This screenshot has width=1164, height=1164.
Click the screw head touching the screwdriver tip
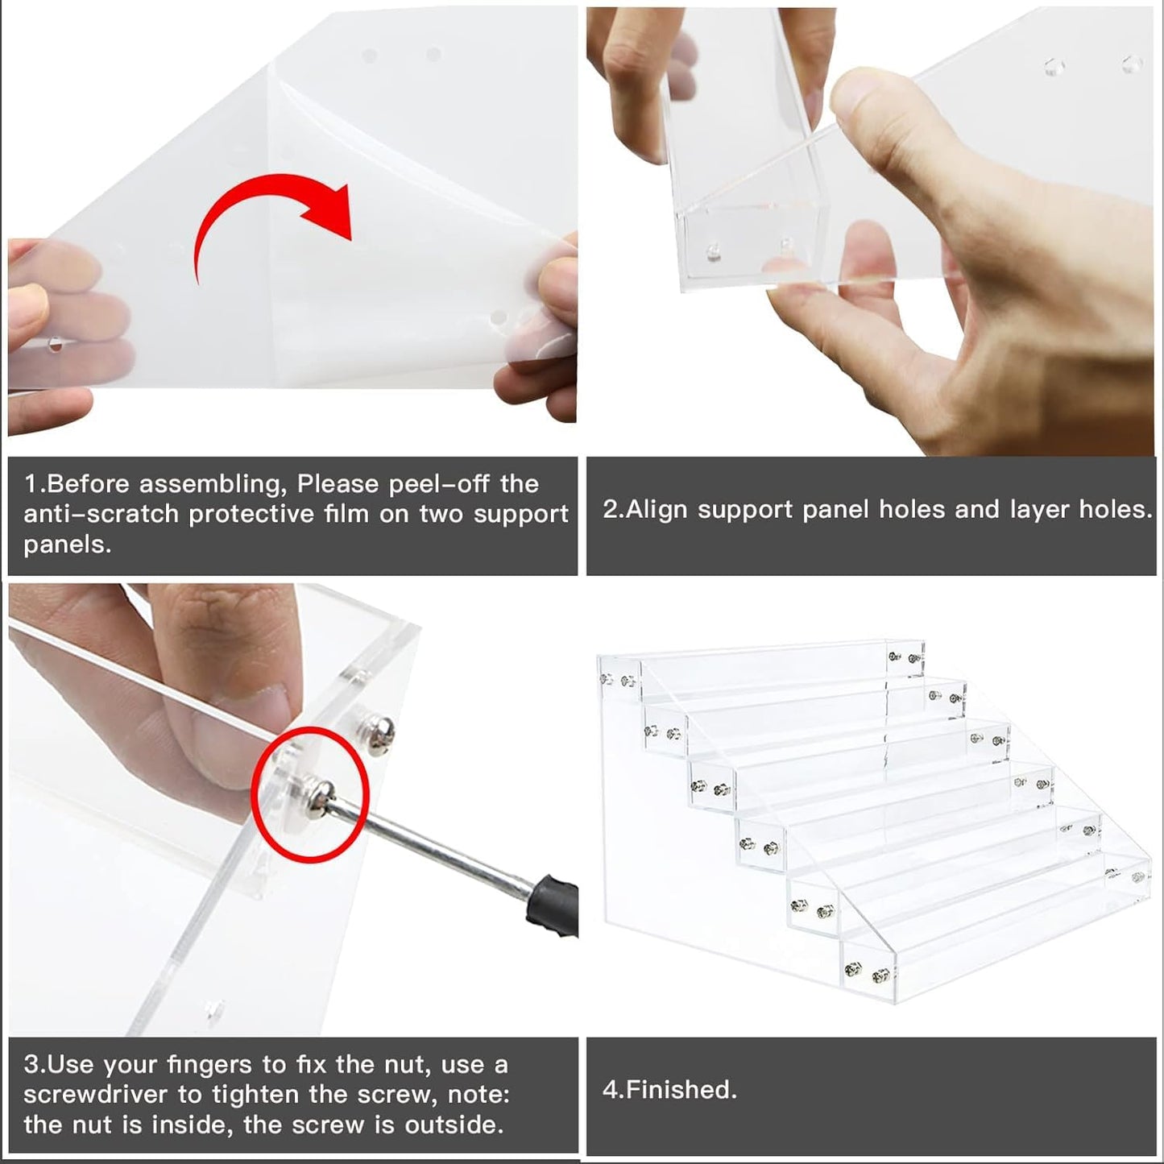(320, 799)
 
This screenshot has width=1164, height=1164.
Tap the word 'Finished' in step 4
(681, 1090)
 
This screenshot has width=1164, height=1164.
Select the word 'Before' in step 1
(86, 484)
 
